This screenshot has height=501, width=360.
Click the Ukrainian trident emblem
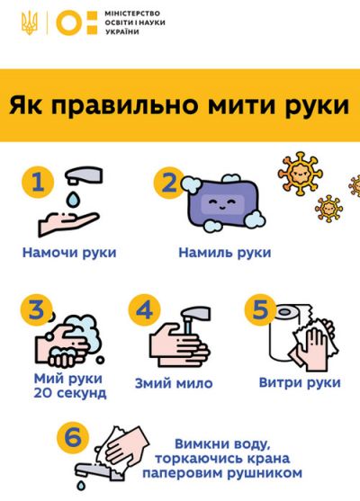[30, 22]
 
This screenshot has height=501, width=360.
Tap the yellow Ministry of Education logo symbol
[74, 22]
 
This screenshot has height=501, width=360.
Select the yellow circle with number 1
[37, 183]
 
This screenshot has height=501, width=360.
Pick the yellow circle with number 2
[168, 183]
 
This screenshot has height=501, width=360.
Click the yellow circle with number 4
[145, 311]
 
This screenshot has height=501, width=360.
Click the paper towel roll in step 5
[286, 338]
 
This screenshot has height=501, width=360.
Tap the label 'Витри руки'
[299, 382]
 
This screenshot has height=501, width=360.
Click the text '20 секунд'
[69, 393]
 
